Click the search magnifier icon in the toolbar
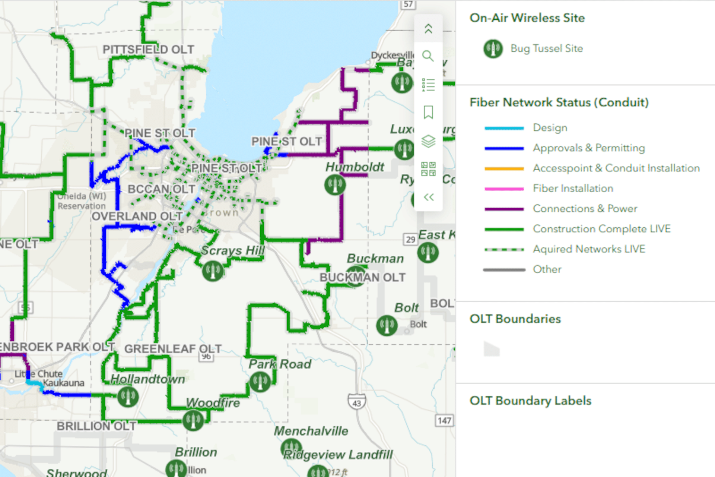coord(428,56)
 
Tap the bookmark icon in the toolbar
coord(428,112)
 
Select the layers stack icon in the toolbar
coord(428,141)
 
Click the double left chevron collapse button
coord(429,197)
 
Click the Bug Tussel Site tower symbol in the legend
coord(493,49)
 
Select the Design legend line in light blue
coord(504,128)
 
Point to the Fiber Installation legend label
coord(573,189)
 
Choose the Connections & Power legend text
coord(585,209)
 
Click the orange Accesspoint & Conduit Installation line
coord(504,169)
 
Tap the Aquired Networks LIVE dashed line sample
coord(504,249)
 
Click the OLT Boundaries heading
coord(515,319)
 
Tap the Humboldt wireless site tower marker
coord(335,185)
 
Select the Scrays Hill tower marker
coord(213,271)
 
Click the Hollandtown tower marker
coord(128,397)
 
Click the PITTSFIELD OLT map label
coord(148,50)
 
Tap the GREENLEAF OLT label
coord(173,349)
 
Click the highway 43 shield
coord(356,402)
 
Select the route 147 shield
coord(444,421)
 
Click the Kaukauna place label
coord(63,383)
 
